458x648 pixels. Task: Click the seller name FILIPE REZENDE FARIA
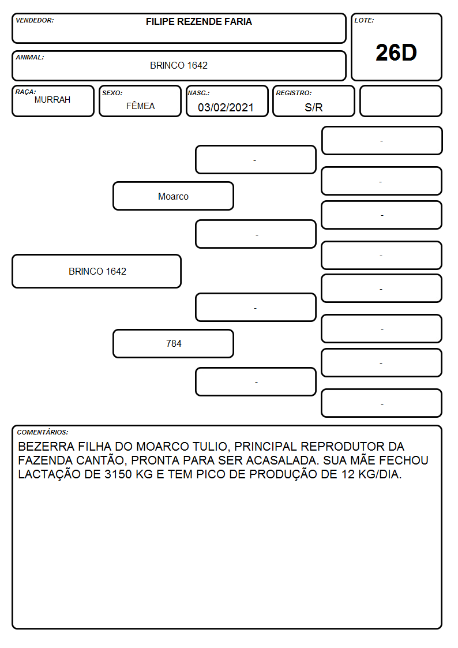click(x=198, y=21)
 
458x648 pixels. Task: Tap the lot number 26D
click(x=396, y=53)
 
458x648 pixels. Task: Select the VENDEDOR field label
click(x=35, y=20)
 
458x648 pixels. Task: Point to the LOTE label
click(x=364, y=20)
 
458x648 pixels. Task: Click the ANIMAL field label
click(x=30, y=58)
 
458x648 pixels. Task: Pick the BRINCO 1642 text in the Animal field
click(x=179, y=65)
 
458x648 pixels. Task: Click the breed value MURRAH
click(x=52, y=100)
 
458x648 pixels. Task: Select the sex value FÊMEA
click(x=140, y=106)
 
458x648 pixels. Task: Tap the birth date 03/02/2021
click(x=226, y=107)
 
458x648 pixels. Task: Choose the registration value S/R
click(x=313, y=107)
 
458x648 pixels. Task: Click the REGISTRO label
click(x=294, y=93)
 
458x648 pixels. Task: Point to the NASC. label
click(x=198, y=93)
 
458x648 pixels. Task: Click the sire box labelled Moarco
click(x=174, y=196)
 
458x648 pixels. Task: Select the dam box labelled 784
click(x=174, y=343)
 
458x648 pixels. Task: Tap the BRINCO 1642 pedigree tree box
click(x=97, y=271)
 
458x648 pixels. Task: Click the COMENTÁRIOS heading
click(x=43, y=432)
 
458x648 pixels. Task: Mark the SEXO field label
click(x=112, y=93)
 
